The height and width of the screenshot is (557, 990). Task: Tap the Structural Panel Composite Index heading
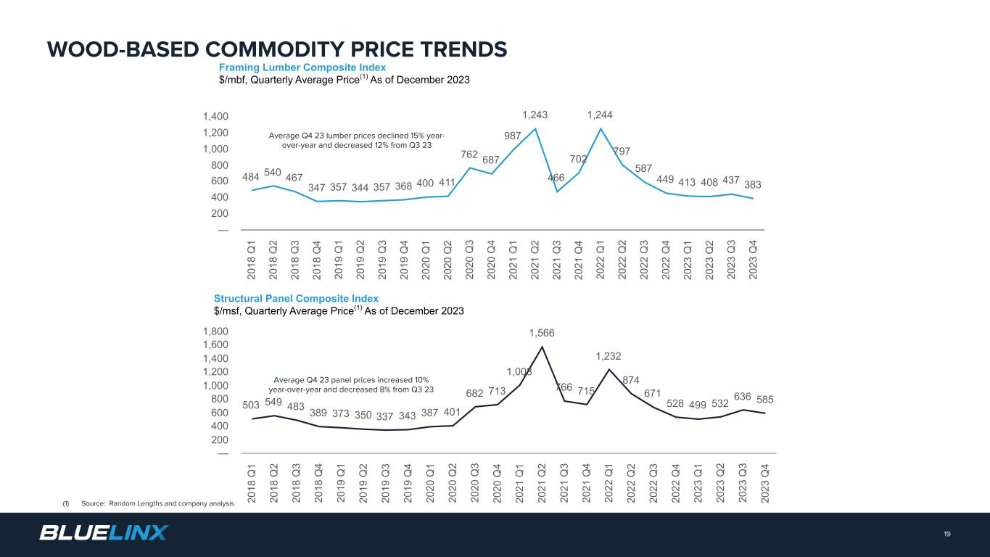(x=296, y=298)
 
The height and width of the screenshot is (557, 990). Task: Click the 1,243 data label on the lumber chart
(x=535, y=115)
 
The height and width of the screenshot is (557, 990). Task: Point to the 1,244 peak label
(x=601, y=115)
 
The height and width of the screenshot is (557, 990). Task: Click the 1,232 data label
(x=609, y=356)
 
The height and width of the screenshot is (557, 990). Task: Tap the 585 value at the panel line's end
(x=765, y=400)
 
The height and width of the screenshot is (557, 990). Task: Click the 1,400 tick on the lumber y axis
(x=216, y=116)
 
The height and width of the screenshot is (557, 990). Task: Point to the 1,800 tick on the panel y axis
(x=216, y=331)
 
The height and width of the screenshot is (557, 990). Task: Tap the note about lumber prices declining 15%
(x=356, y=140)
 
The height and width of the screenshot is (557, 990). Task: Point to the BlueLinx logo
(x=103, y=533)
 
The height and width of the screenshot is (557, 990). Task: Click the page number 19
(x=947, y=534)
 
